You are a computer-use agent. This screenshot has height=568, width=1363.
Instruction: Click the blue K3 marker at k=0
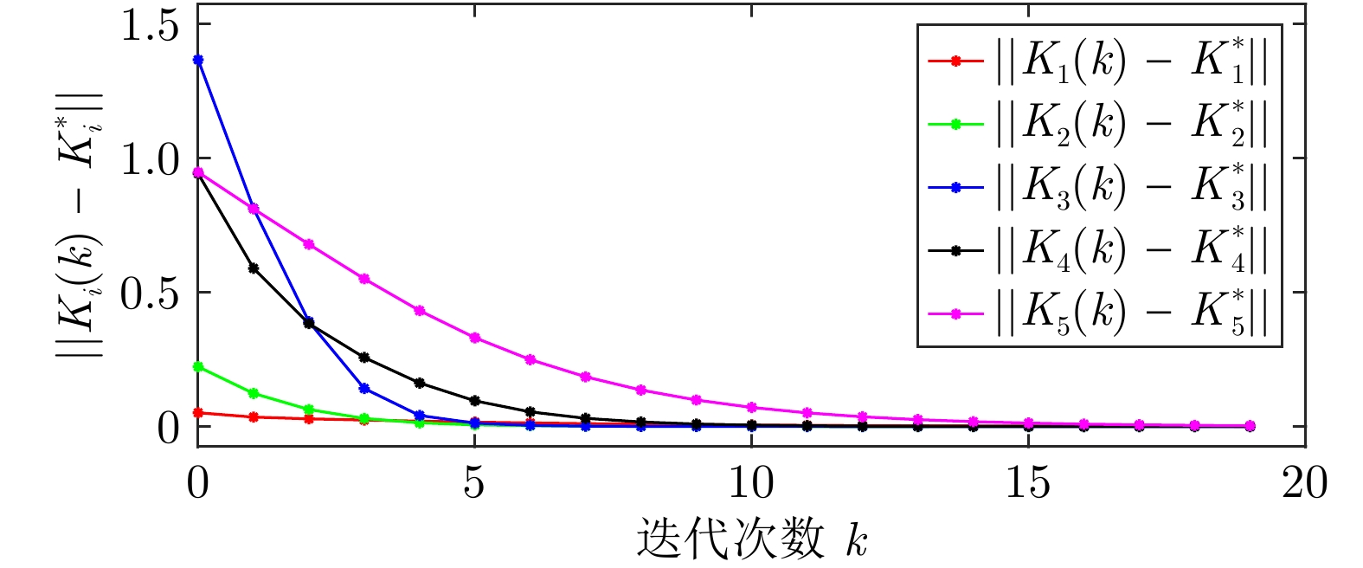click(198, 60)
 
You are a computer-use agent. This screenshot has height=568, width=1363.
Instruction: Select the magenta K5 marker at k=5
click(475, 338)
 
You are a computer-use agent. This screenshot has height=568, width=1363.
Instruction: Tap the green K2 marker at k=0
click(198, 367)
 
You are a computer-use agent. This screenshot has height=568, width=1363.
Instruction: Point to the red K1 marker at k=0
click(198, 413)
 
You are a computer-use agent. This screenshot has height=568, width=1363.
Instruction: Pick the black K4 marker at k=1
click(254, 268)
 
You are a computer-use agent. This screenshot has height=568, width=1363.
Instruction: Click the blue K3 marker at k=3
click(364, 388)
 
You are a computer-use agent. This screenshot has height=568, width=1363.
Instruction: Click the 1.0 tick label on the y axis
click(149, 160)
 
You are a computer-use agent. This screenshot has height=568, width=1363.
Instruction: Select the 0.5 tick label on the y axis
click(149, 294)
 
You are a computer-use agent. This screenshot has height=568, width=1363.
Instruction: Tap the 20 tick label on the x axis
click(1304, 483)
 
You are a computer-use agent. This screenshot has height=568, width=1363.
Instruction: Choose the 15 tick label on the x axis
click(1027, 483)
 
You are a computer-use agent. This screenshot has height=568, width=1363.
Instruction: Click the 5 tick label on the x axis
click(475, 483)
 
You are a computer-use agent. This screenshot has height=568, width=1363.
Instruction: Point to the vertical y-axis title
click(81, 225)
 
